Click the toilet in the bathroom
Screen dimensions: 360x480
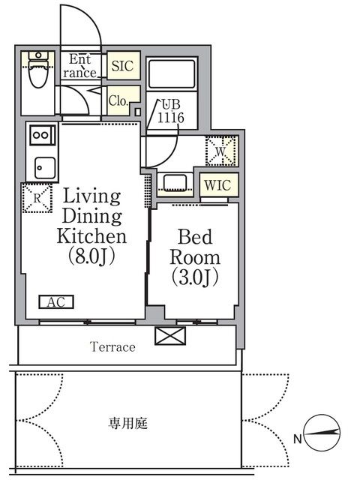pos(38,70)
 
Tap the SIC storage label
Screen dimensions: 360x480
pos(122,66)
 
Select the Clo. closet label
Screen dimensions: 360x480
pos(118,100)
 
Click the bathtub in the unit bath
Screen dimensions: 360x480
pos(171,73)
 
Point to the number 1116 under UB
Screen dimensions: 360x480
pos(171,118)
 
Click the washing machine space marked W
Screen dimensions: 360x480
pos(222,151)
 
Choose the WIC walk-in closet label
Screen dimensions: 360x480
pos(217,185)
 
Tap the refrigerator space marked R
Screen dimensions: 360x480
pos(37,198)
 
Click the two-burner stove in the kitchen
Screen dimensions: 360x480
pos(43,135)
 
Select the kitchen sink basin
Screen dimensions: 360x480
pos(45,168)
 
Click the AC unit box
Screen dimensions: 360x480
pos(56,302)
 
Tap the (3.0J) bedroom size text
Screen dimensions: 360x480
pos(195,277)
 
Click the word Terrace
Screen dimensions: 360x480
pos(112,346)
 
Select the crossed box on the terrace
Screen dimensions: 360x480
pos(170,336)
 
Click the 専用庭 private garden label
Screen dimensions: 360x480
pos(128,423)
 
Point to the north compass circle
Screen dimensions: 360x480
pos(322,433)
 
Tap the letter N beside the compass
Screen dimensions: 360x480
pos(298,439)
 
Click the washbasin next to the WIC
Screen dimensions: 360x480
pos(175,182)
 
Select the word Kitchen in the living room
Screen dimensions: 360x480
pos(91,236)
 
